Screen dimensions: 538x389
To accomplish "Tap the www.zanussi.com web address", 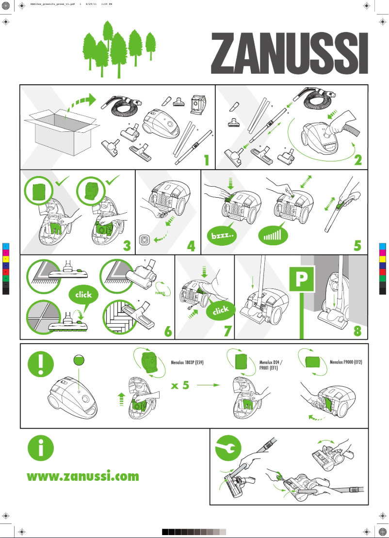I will pyautogui.click(x=83, y=476).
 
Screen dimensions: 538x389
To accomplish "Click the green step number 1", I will pyautogui.click(x=206, y=159).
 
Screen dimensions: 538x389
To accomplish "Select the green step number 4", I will pyautogui.click(x=191, y=246).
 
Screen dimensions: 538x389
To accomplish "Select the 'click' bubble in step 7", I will pyautogui.click(x=221, y=312).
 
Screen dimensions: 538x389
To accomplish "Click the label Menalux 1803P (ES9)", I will pyautogui.click(x=187, y=362).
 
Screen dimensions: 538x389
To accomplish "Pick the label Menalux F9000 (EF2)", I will pyautogui.click(x=346, y=362).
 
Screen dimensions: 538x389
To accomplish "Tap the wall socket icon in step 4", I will pyautogui.click(x=145, y=240).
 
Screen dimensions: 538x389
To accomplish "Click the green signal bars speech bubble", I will pyautogui.click(x=273, y=236).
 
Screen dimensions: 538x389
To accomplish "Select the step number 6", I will pyautogui.click(x=168, y=332).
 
